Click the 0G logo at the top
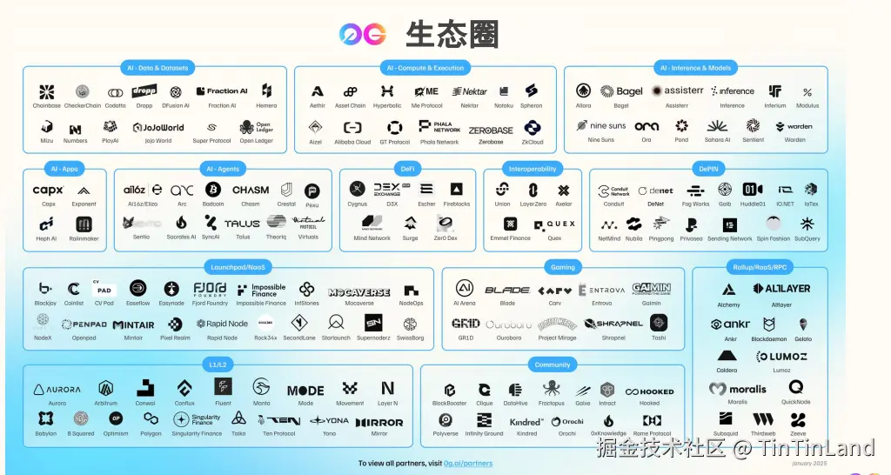[x=363, y=35]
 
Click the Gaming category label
[x=563, y=267]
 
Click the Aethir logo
[x=317, y=91]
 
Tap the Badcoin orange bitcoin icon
[x=213, y=190]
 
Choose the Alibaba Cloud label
[x=352, y=142]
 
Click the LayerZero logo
[x=533, y=190]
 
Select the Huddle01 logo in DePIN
[x=753, y=190]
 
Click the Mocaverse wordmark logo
[x=358, y=292]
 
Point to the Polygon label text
[x=151, y=433]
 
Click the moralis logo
[x=738, y=389]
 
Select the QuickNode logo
[x=795, y=387]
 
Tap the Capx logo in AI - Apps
[x=48, y=191]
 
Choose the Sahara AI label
[x=717, y=139]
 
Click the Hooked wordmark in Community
[x=649, y=391]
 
